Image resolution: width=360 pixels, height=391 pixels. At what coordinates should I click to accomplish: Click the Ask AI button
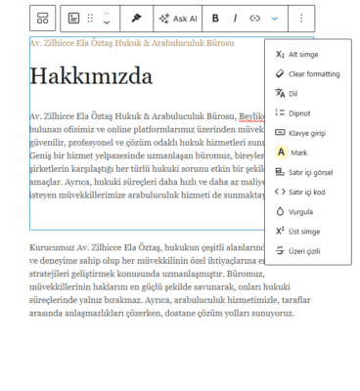click(x=178, y=18)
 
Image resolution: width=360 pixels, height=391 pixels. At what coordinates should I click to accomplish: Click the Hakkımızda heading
click(x=91, y=76)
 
